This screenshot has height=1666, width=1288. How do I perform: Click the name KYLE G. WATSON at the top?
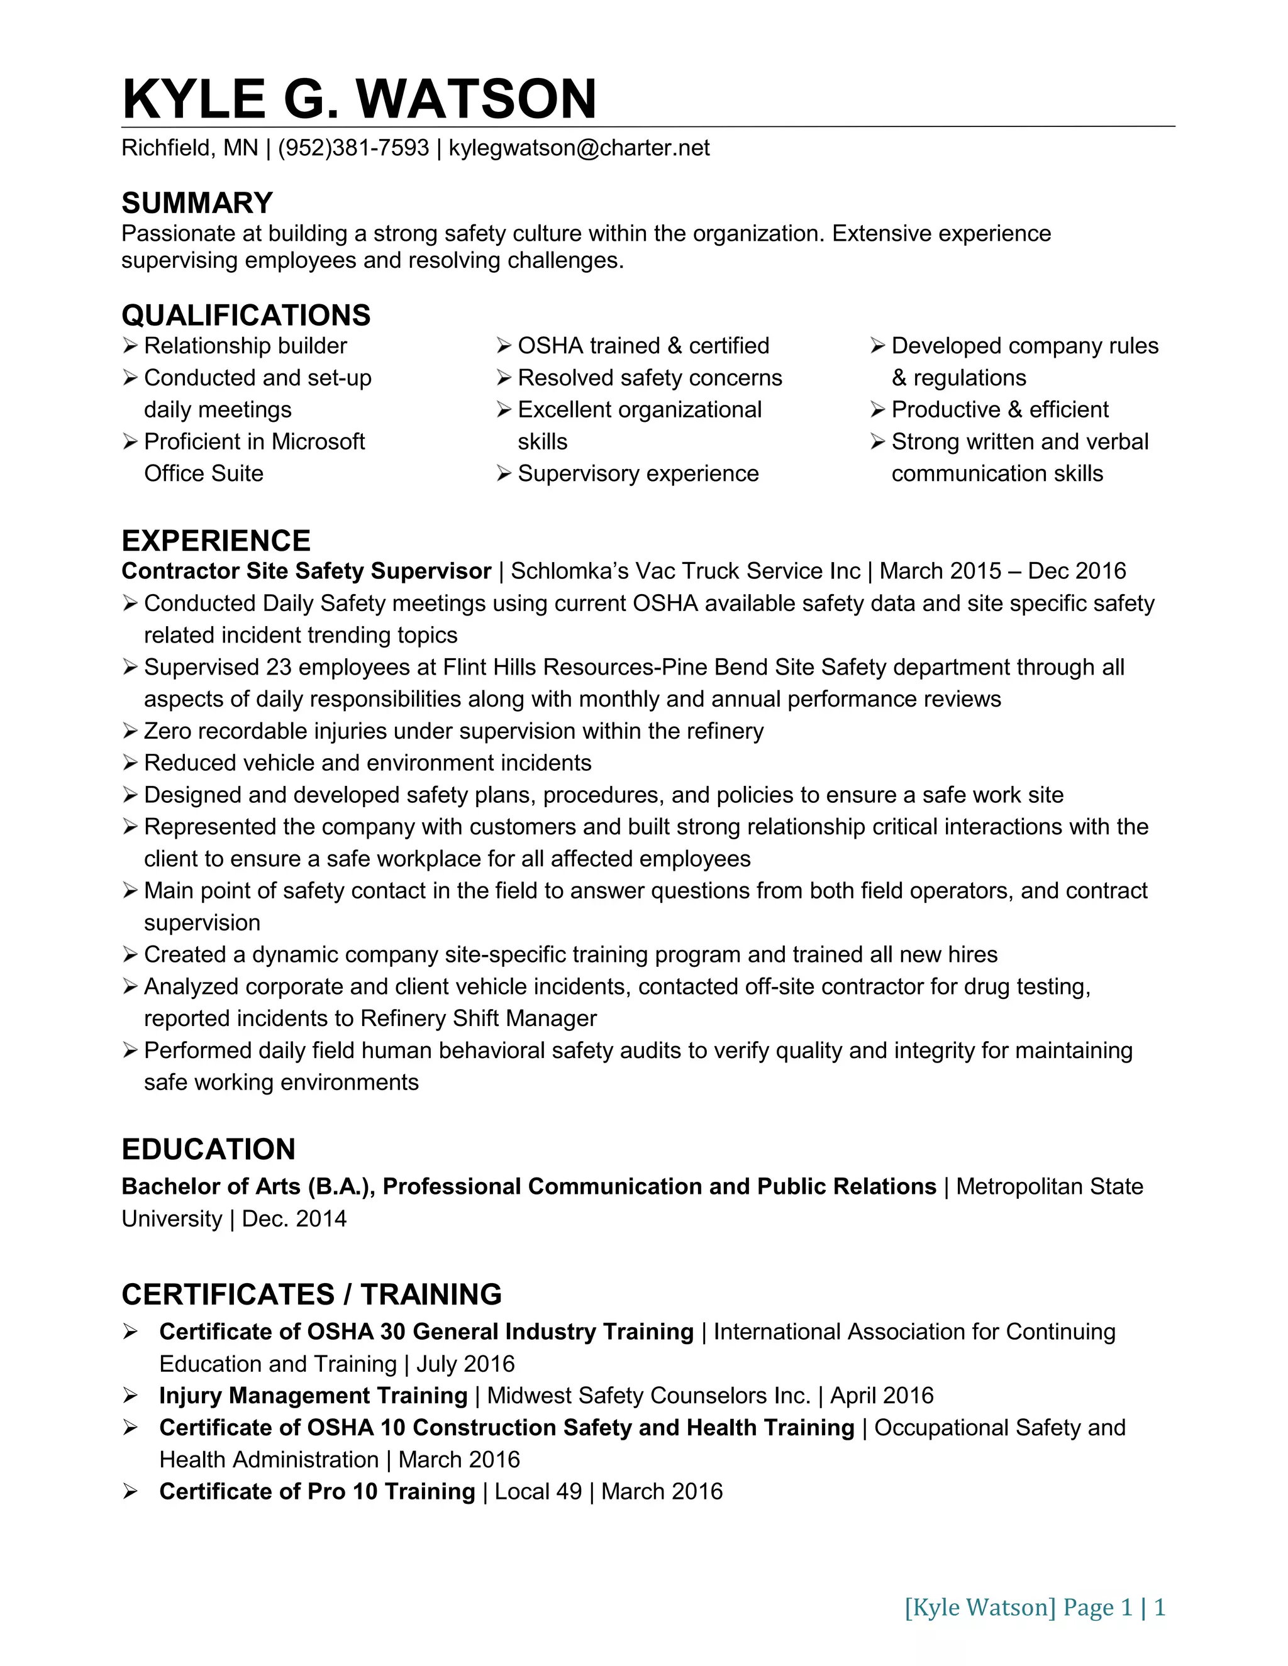pyautogui.click(x=358, y=99)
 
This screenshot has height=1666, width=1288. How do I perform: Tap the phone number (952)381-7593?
pyautogui.click(x=353, y=148)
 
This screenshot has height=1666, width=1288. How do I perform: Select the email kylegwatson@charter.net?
pyautogui.click(x=579, y=148)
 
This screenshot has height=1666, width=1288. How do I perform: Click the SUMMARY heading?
pyautogui.click(x=197, y=203)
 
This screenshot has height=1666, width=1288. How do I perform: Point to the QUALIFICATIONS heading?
pyautogui.click(x=246, y=315)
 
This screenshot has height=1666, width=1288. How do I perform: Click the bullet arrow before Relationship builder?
pyautogui.click(x=130, y=346)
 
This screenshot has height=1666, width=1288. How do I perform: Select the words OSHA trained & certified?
pyautogui.click(x=643, y=346)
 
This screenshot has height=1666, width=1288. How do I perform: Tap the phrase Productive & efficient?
pyautogui.click(x=999, y=411)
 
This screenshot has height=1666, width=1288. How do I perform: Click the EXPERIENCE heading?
pyautogui.click(x=216, y=541)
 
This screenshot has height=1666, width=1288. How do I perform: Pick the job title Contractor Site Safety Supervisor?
pyautogui.click(x=306, y=571)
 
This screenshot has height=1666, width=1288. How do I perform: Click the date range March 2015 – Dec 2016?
pyautogui.click(x=1002, y=571)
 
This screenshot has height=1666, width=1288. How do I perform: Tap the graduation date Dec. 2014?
pyautogui.click(x=294, y=1219)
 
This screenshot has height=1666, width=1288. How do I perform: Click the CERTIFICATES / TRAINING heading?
pyautogui.click(x=311, y=1295)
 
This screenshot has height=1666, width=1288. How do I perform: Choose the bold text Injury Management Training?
pyautogui.click(x=313, y=1396)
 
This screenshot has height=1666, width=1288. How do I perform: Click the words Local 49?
pyautogui.click(x=538, y=1492)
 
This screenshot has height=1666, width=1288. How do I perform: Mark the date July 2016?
pyautogui.click(x=465, y=1364)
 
